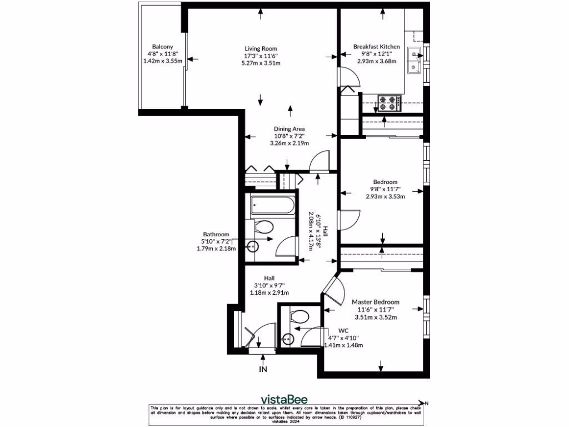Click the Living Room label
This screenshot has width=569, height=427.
pos(260,48)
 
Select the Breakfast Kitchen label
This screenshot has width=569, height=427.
pos(376,47)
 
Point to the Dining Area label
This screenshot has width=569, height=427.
pos(289,129)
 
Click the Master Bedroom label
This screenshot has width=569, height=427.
pos(376,302)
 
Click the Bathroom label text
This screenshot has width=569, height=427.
pos(215,235)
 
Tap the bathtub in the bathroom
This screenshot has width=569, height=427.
pos(272,207)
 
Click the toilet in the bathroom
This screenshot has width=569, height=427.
pos(263,227)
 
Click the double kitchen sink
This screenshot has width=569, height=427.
pos(415,61)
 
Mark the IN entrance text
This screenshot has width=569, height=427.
pos(263,368)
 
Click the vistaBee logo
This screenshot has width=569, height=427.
pos(284,399)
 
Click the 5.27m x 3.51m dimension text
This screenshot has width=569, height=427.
pos(260,63)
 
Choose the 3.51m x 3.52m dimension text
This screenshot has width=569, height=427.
pos(376,317)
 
